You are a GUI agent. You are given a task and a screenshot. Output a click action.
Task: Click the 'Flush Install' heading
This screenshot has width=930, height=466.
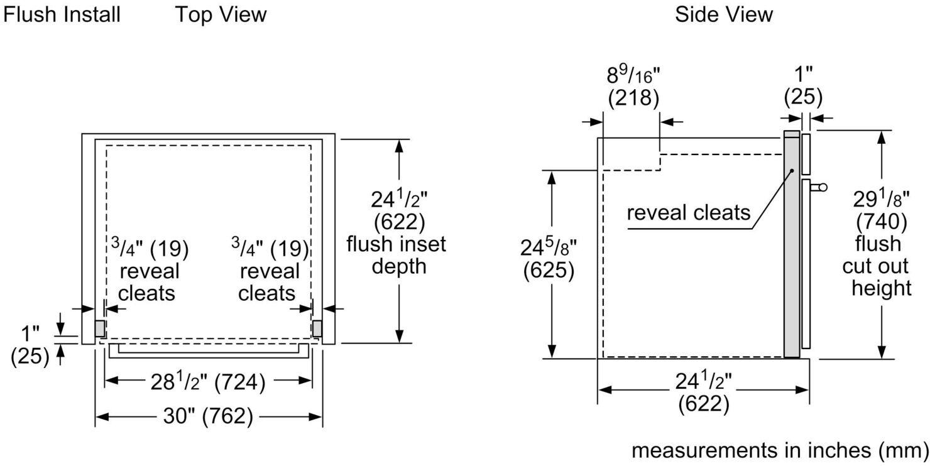tap(62, 14)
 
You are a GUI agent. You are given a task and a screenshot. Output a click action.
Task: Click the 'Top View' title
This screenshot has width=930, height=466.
tap(221, 14)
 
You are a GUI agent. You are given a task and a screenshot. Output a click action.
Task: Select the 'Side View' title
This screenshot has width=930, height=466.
tap(724, 14)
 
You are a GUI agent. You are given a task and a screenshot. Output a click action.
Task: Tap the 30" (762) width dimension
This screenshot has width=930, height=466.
tap(209, 416)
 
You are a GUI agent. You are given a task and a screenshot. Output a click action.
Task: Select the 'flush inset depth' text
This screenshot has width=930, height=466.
tap(396, 254)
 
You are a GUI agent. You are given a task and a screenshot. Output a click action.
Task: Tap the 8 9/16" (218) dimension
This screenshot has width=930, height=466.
tap(633, 86)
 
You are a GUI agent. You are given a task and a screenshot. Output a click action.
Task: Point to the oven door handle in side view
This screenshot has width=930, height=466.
tap(818, 187)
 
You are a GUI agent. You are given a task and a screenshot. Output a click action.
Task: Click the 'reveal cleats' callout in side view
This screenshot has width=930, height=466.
tap(689, 212)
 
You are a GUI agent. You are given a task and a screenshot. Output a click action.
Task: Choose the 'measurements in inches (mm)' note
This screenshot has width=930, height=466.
tap(779, 450)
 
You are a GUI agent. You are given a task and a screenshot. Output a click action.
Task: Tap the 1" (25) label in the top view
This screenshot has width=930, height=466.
tap(30, 344)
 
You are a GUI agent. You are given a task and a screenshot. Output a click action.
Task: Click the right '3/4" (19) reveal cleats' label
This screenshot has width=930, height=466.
tap(268, 271)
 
